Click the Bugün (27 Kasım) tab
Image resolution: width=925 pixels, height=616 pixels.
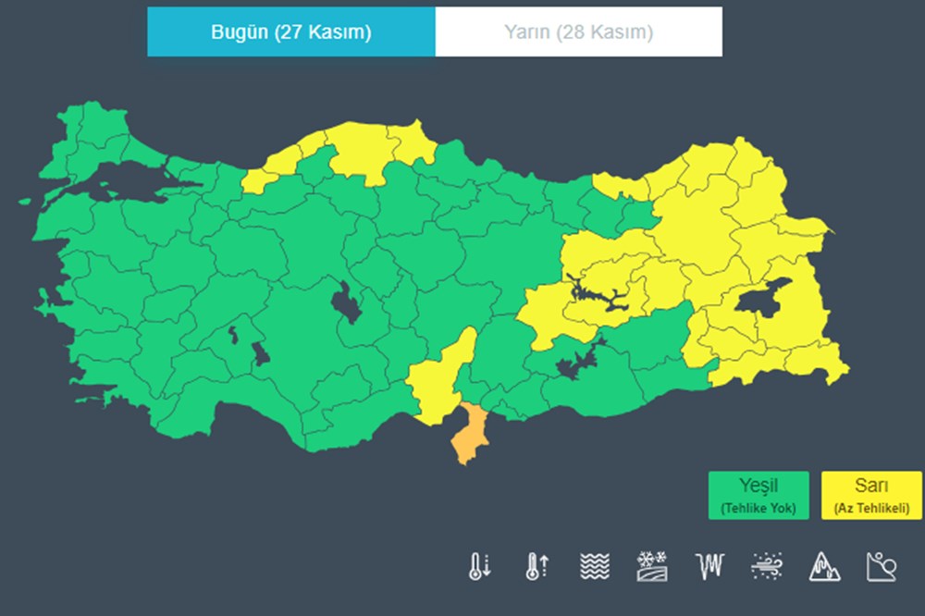coord(290,32)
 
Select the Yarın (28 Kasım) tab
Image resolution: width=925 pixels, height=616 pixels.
coord(578,32)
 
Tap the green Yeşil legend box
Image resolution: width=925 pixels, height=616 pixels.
coord(758,495)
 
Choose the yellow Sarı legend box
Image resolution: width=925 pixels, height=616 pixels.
coord(871,495)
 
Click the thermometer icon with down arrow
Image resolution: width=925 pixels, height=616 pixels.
coord(479,565)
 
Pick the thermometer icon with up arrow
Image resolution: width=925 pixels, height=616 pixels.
coord(536,565)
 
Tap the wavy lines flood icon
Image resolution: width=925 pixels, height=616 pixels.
coord(595,565)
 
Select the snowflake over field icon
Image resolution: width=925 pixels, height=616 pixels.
coord(652,565)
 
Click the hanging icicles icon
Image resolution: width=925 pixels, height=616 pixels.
coord(709,565)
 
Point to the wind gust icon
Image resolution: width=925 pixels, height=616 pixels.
coord(767,565)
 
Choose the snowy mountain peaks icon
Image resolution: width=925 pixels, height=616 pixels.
coord(824,565)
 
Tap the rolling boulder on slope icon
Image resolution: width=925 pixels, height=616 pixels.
coord(882,565)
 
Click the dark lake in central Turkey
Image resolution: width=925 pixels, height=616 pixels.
coord(348,302)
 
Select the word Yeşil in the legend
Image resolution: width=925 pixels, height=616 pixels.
coord(758,487)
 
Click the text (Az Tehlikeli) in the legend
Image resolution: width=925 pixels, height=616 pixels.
coord(871,508)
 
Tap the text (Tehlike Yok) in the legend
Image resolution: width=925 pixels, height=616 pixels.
coord(758,508)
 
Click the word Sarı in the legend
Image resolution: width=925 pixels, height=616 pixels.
coord(871,487)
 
